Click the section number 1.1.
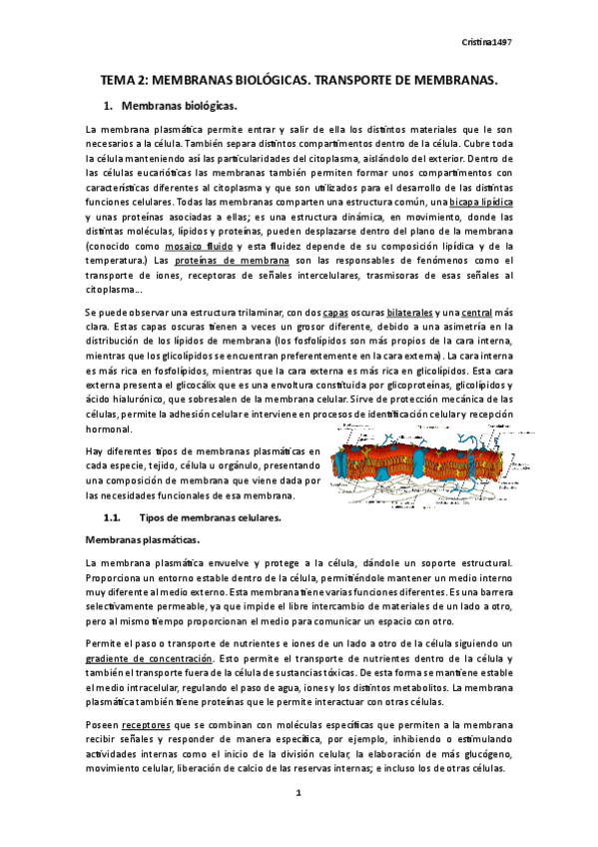[x=113, y=517]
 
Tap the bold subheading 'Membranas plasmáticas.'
[x=135, y=539]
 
